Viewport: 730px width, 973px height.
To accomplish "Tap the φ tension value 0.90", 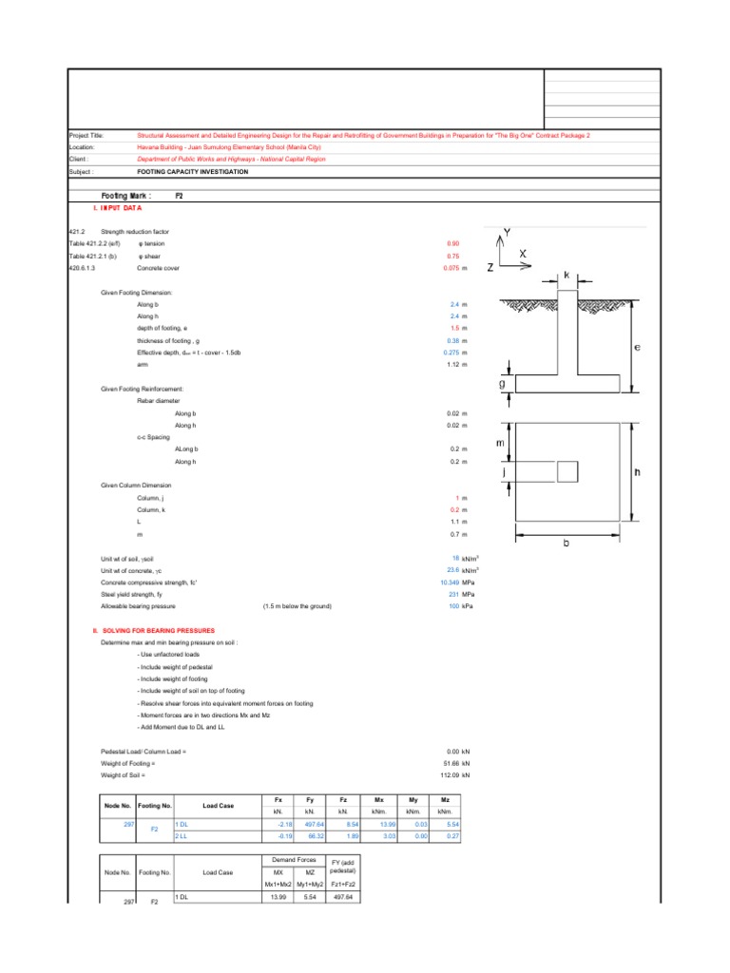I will pos(452,244).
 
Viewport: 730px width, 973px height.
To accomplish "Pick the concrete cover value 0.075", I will pos(451,269).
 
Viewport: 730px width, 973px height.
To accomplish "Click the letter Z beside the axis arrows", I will pos(490,269).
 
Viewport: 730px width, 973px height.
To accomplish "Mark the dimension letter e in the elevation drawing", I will pos(638,348).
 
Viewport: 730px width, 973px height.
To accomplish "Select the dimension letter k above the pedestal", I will pos(567,275).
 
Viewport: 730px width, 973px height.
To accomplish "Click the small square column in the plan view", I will pos(567,471).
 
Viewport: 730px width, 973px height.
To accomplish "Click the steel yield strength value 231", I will pos(453,594).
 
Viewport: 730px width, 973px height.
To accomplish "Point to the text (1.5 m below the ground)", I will pos(297,605).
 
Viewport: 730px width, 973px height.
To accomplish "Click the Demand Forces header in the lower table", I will pos(294,859).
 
